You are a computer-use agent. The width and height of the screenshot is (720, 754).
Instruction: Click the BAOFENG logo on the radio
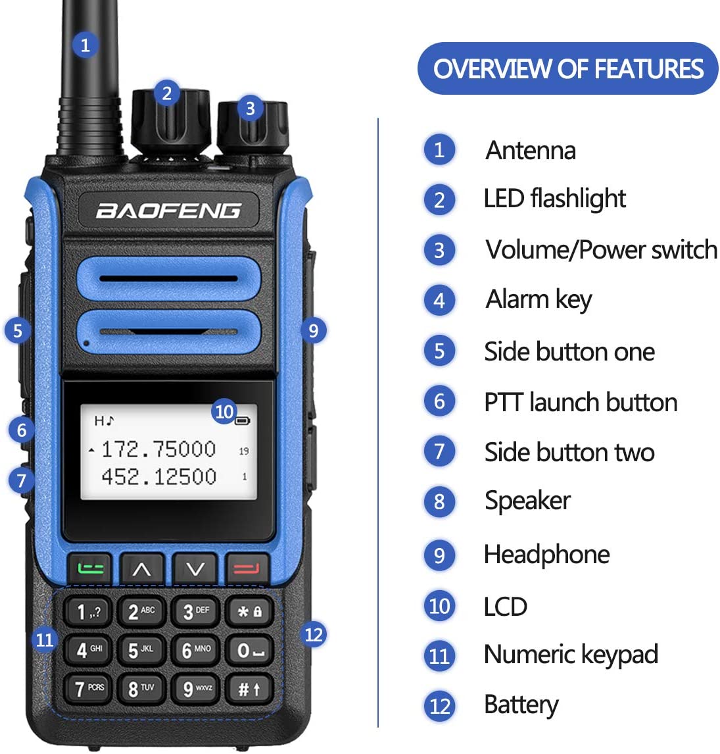click(x=168, y=211)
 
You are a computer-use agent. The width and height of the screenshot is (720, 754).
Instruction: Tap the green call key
click(x=90, y=568)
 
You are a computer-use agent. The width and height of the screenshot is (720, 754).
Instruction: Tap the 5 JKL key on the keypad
click(x=141, y=651)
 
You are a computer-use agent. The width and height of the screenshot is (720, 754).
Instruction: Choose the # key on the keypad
click(x=249, y=689)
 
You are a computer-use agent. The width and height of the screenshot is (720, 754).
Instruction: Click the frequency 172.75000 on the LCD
click(x=158, y=449)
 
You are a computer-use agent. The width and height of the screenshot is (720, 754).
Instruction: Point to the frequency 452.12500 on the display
click(x=158, y=476)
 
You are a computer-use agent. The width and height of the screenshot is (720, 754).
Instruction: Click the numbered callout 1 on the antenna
click(x=84, y=45)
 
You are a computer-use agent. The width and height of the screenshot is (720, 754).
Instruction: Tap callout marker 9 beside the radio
click(x=313, y=330)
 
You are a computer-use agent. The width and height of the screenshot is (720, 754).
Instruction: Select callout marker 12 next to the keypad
click(x=314, y=634)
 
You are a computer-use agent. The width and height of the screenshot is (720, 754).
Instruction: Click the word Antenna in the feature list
click(x=531, y=151)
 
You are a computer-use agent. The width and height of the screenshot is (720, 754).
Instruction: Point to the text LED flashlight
click(x=554, y=199)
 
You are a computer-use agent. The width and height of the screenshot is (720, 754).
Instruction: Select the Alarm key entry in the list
click(x=539, y=300)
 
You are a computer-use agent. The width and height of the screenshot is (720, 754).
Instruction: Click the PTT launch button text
click(x=581, y=402)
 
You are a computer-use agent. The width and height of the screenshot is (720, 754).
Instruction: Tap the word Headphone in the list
click(x=546, y=555)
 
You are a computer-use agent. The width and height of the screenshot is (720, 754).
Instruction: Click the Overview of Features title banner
click(x=568, y=68)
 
